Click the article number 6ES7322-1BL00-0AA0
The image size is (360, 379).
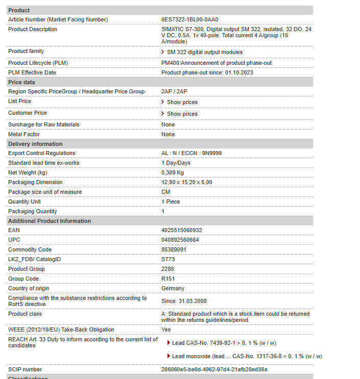(x=189, y=19)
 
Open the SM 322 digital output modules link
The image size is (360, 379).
(x=204, y=52)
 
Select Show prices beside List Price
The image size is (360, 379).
(x=182, y=102)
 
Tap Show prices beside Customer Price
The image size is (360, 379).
(x=182, y=114)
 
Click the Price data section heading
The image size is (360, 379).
(x=22, y=82)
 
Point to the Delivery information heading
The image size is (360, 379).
(x=35, y=144)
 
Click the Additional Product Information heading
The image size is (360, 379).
(x=50, y=221)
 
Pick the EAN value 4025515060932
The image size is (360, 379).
(x=181, y=230)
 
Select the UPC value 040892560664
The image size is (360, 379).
(x=180, y=240)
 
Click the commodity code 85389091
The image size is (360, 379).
(x=174, y=249)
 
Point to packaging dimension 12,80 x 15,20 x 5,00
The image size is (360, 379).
(x=186, y=182)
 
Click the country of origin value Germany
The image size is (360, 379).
(x=173, y=288)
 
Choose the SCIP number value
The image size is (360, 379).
(x=214, y=369)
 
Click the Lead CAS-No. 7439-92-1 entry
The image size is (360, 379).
(x=224, y=343)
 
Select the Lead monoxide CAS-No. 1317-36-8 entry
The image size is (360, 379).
(x=247, y=356)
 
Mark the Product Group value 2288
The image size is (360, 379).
(x=167, y=269)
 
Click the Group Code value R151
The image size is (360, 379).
(x=168, y=279)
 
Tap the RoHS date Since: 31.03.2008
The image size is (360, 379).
(x=184, y=301)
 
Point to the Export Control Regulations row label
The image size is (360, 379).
(x=41, y=153)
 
